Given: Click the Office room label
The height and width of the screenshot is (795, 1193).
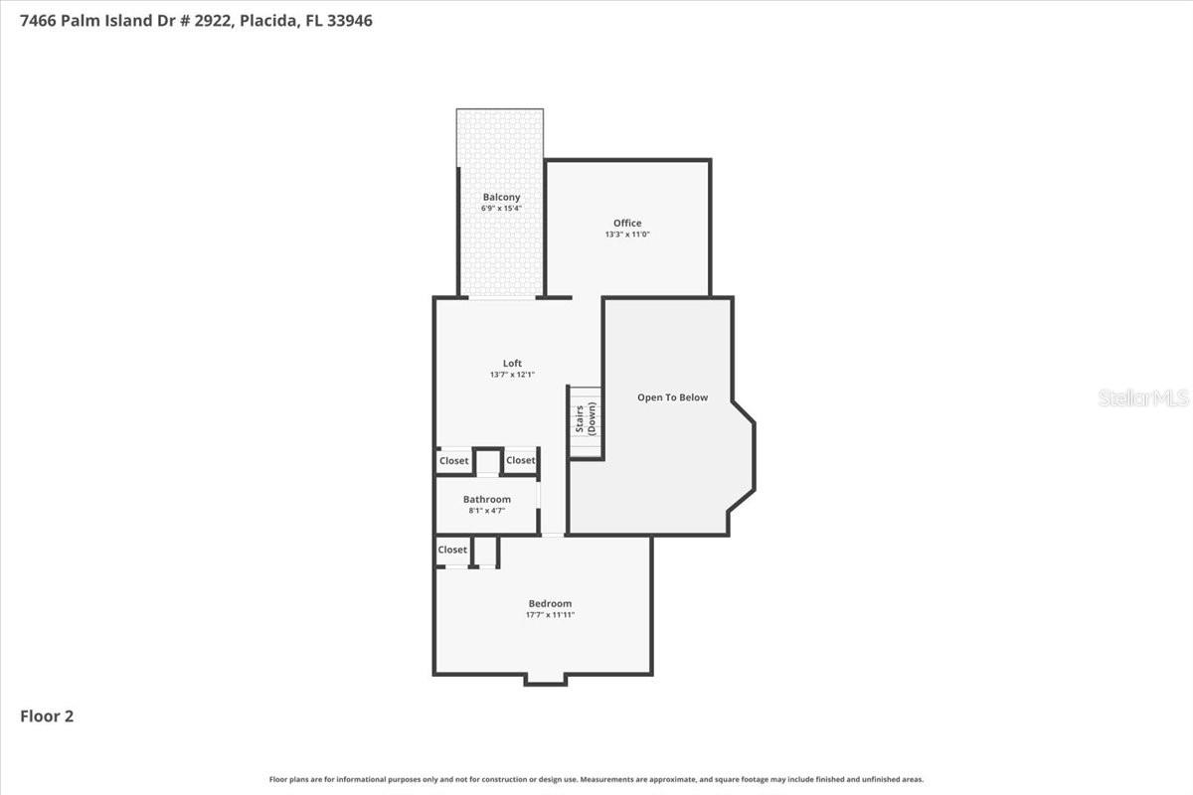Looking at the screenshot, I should pos(627,223).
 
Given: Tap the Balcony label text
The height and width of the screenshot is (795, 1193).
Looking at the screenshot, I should pos(501,198).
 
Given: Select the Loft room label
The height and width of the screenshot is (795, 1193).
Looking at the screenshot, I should pos(512,364).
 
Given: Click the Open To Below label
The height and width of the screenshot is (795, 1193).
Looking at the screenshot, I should pos(673,397).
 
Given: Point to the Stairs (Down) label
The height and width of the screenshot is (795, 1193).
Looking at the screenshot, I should pos(586,418).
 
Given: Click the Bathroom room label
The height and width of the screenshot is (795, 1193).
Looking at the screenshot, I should pos(487,499).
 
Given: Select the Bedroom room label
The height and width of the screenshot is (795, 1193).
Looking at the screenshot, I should pos(550,603).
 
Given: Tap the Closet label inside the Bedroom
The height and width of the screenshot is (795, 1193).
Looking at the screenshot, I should pos(452,550).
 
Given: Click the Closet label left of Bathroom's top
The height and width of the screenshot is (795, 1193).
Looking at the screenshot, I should pos(454,461).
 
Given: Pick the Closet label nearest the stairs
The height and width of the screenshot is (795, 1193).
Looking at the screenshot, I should pos(520,460).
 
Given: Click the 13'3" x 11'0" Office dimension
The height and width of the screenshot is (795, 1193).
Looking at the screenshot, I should pos(627,235).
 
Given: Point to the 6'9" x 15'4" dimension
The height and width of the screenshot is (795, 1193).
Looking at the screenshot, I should pos(501,209).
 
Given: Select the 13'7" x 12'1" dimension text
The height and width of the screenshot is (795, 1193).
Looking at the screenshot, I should pos(512,375).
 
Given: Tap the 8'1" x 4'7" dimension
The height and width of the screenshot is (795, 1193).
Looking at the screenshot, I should pos(487,510).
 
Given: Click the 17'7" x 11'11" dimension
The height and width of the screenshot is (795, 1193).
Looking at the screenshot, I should pos(550,615).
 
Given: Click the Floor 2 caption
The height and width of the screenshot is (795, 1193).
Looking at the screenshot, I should pos(47,715).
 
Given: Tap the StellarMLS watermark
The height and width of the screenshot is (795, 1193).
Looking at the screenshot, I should pos(1143,398).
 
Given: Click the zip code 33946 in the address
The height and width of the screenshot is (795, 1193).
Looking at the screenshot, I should pos(349,20).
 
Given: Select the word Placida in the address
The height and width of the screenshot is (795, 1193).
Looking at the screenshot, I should pos(267,20).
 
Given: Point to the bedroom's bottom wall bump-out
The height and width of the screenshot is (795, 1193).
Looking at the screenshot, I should pos(545,680).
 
